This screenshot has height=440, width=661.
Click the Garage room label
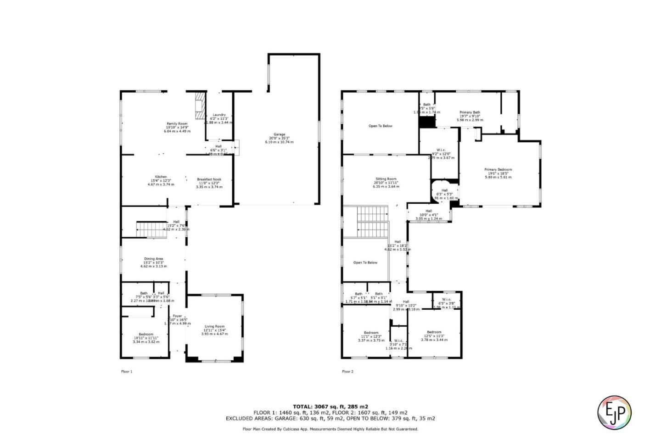pos(279,134)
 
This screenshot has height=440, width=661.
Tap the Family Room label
pos(177,124)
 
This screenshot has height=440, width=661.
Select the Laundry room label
pos(219,115)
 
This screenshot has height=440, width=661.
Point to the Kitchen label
pos(161,177)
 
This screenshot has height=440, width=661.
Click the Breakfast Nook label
pos(209,179)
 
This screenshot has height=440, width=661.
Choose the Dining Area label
pos(153,259)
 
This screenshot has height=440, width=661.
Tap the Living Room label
pos(214,327)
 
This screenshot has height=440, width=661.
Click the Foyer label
pos(177,316)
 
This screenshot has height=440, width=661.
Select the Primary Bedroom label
pos(498,170)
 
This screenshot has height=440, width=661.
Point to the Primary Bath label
pos(470,112)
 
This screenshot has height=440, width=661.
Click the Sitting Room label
pos(386,179)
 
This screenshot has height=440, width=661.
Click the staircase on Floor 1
pos(151,230)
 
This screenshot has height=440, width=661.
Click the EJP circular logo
pos(614,412)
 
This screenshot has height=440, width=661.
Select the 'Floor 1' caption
pos(127,372)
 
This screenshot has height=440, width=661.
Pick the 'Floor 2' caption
pos(348,372)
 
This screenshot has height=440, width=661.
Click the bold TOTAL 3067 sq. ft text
pos(330,407)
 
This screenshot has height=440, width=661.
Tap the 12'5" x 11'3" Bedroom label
pos(434,332)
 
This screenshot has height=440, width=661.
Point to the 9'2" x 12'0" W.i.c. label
pos(441,150)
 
